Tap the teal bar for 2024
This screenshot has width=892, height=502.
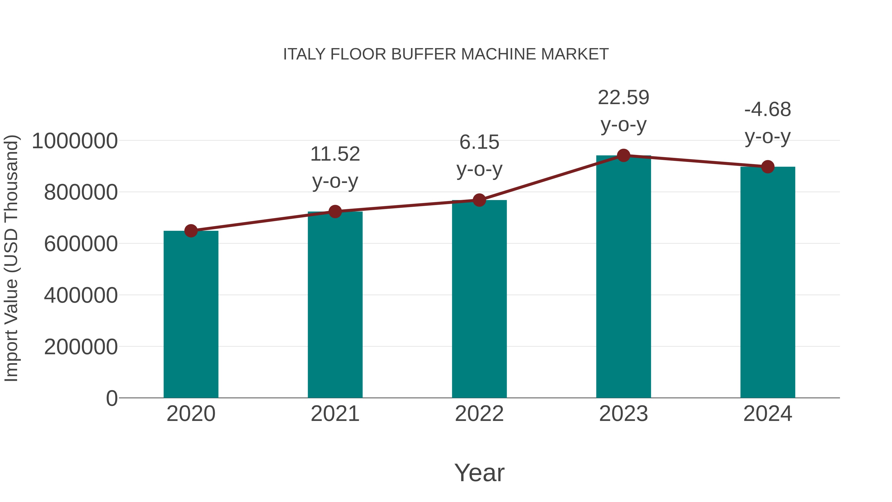tap(768, 282)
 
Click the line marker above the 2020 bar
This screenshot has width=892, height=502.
tap(191, 231)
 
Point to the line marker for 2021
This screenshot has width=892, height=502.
tap(335, 211)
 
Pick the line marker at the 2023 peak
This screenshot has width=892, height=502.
tap(623, 155)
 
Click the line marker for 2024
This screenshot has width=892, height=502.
tap(768, 167)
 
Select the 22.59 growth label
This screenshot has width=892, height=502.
tap(623, 98)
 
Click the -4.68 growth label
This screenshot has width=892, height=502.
tap(768, 110)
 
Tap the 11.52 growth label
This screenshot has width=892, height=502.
tap(335, 154)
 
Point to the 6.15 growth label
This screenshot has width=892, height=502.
tap(479, 142)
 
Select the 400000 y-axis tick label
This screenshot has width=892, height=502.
tap(81, 295)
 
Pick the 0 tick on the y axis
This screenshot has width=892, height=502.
tap(111, 398)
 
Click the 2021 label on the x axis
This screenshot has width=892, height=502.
tap(335, 414)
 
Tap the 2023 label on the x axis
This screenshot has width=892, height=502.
tap(623, 414)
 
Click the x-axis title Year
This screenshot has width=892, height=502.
tap(479, 472)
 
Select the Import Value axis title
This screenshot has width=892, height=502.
tap(11, 258)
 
